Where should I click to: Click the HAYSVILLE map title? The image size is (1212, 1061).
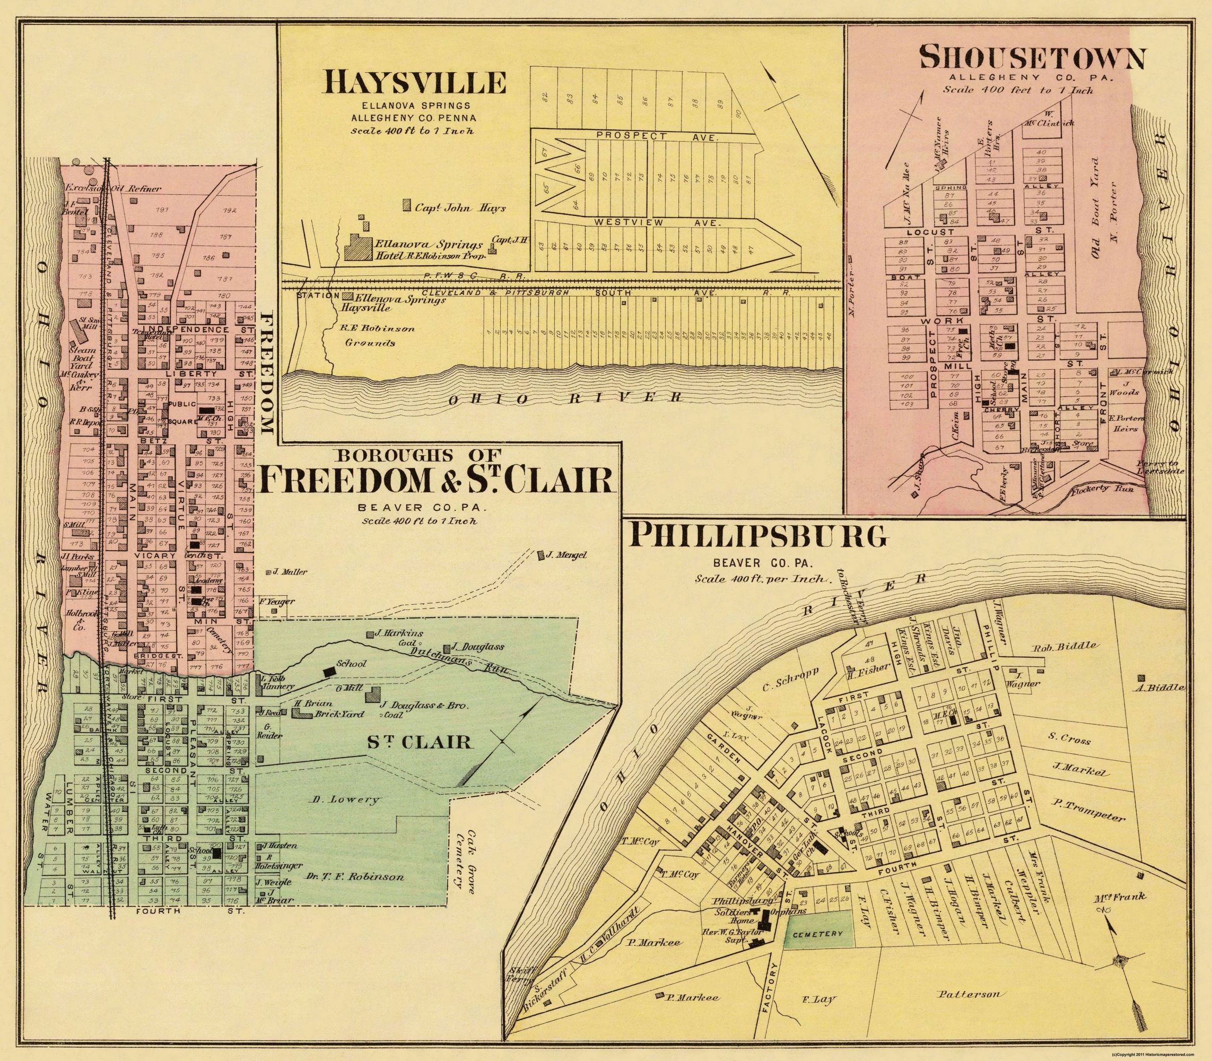414,82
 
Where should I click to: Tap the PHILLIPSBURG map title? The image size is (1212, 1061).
760,536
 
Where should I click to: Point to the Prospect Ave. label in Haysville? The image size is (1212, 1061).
657,137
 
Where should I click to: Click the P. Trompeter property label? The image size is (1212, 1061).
1088,818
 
